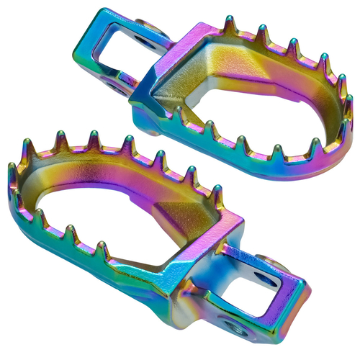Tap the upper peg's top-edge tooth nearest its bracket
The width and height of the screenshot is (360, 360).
229,24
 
